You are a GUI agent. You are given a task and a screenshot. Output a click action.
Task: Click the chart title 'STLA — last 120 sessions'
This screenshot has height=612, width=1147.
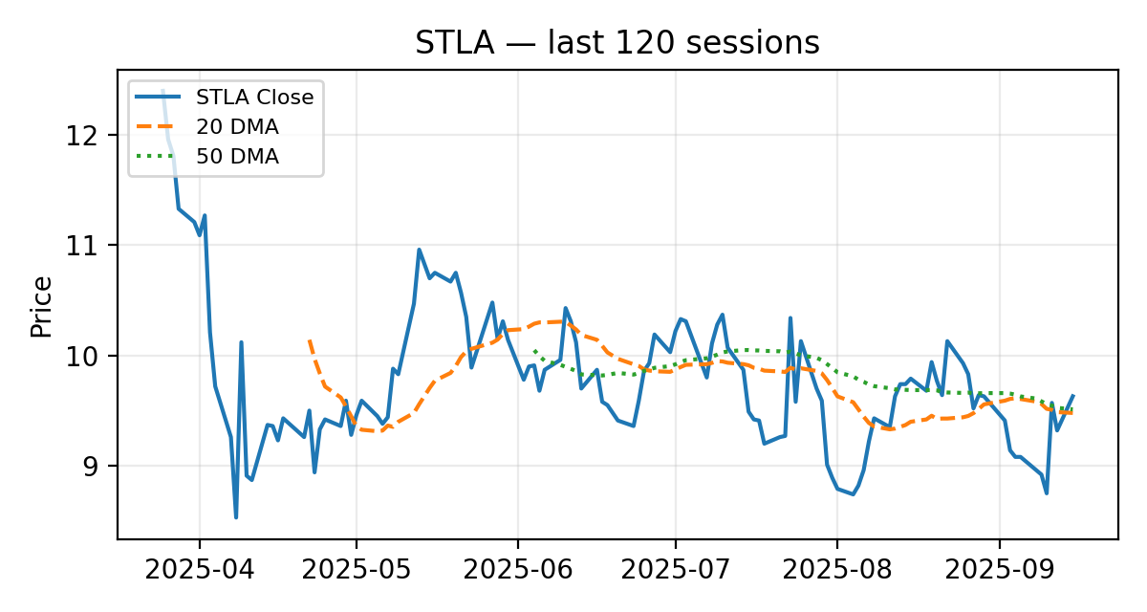click(x=617, y=43)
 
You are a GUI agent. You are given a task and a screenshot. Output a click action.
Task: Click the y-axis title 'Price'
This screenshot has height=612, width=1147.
click(x=40, y=306)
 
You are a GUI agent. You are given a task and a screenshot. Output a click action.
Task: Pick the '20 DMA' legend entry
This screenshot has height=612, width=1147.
click(x=237, y=126)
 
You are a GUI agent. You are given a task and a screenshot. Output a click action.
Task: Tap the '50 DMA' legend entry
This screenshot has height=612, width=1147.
click(x=237, y=157)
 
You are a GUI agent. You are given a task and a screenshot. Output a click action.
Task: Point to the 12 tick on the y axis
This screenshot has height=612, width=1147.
click(x=93, y=135)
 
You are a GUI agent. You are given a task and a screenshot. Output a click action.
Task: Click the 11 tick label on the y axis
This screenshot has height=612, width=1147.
click(x=93, y=246)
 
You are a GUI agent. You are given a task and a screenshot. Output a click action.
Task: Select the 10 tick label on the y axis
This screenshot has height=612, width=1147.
click(x=93, y=356)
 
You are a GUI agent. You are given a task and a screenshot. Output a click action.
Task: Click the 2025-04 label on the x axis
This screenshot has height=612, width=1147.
click(x=199, y=571)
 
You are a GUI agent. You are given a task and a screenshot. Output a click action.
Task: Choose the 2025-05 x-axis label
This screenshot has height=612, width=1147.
click(x=357, y=571)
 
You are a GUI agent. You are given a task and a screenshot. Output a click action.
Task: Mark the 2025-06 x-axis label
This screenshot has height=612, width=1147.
click(x=517, y=571)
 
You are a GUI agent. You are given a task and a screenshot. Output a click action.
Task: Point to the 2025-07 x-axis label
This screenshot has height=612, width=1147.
click(x=675, y=571)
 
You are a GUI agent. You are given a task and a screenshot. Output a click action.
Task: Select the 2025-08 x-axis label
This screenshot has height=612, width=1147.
click(x=836, y=571)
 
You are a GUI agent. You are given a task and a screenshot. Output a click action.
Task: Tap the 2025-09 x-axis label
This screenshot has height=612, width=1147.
click(x=999, y=571)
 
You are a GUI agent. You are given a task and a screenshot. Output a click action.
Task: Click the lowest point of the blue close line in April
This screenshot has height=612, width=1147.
click(x=236, y=517)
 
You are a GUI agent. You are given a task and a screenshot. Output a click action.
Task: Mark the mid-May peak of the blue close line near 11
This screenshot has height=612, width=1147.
click(x=419, y=250)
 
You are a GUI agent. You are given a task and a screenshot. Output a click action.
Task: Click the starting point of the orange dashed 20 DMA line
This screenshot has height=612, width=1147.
click(x=309, y=339)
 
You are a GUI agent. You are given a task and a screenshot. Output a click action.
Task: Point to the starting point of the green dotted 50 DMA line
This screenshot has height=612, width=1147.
click(x=534, y=351)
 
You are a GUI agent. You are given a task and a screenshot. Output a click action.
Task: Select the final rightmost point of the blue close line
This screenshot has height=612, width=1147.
click(x=1072, y=395)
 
